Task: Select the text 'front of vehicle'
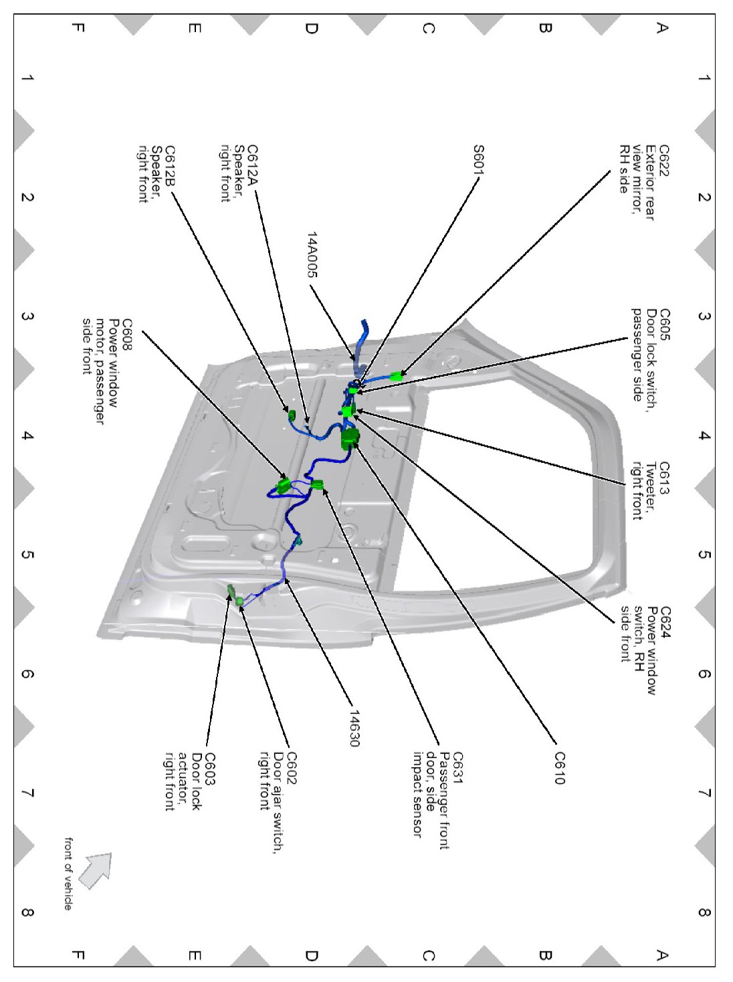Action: pos(68,873)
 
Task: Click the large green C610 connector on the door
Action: pos(349,439)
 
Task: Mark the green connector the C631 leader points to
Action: pos(317,485)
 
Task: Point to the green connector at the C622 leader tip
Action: pos(397,375)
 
